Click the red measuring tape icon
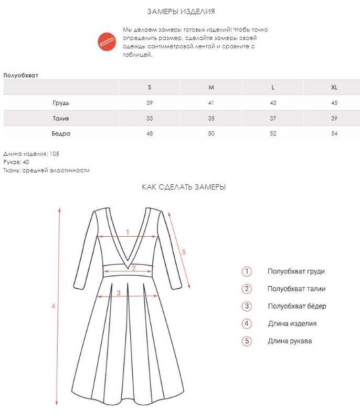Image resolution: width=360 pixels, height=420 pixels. (107, 41)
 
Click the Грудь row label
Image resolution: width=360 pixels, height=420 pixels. (61, 103)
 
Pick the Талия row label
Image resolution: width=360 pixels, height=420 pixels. (61, 118)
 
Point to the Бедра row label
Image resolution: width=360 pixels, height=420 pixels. (61, 134)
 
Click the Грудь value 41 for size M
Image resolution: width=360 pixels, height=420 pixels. (211, 103)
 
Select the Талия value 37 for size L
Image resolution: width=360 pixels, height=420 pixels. (273, 118)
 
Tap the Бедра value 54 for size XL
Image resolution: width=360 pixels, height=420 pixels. (334, 134)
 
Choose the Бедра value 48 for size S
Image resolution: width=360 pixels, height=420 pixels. (150, 134)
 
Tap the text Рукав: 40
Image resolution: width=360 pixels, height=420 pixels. (16, 162)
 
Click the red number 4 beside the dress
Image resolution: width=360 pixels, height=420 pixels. (54, 306)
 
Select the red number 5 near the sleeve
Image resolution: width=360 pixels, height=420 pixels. (184, 252)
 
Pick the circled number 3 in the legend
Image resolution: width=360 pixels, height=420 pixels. (247, 306)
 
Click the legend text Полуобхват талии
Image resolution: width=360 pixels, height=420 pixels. (296, 289)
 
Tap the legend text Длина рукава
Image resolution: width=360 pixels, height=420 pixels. (289, 341)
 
